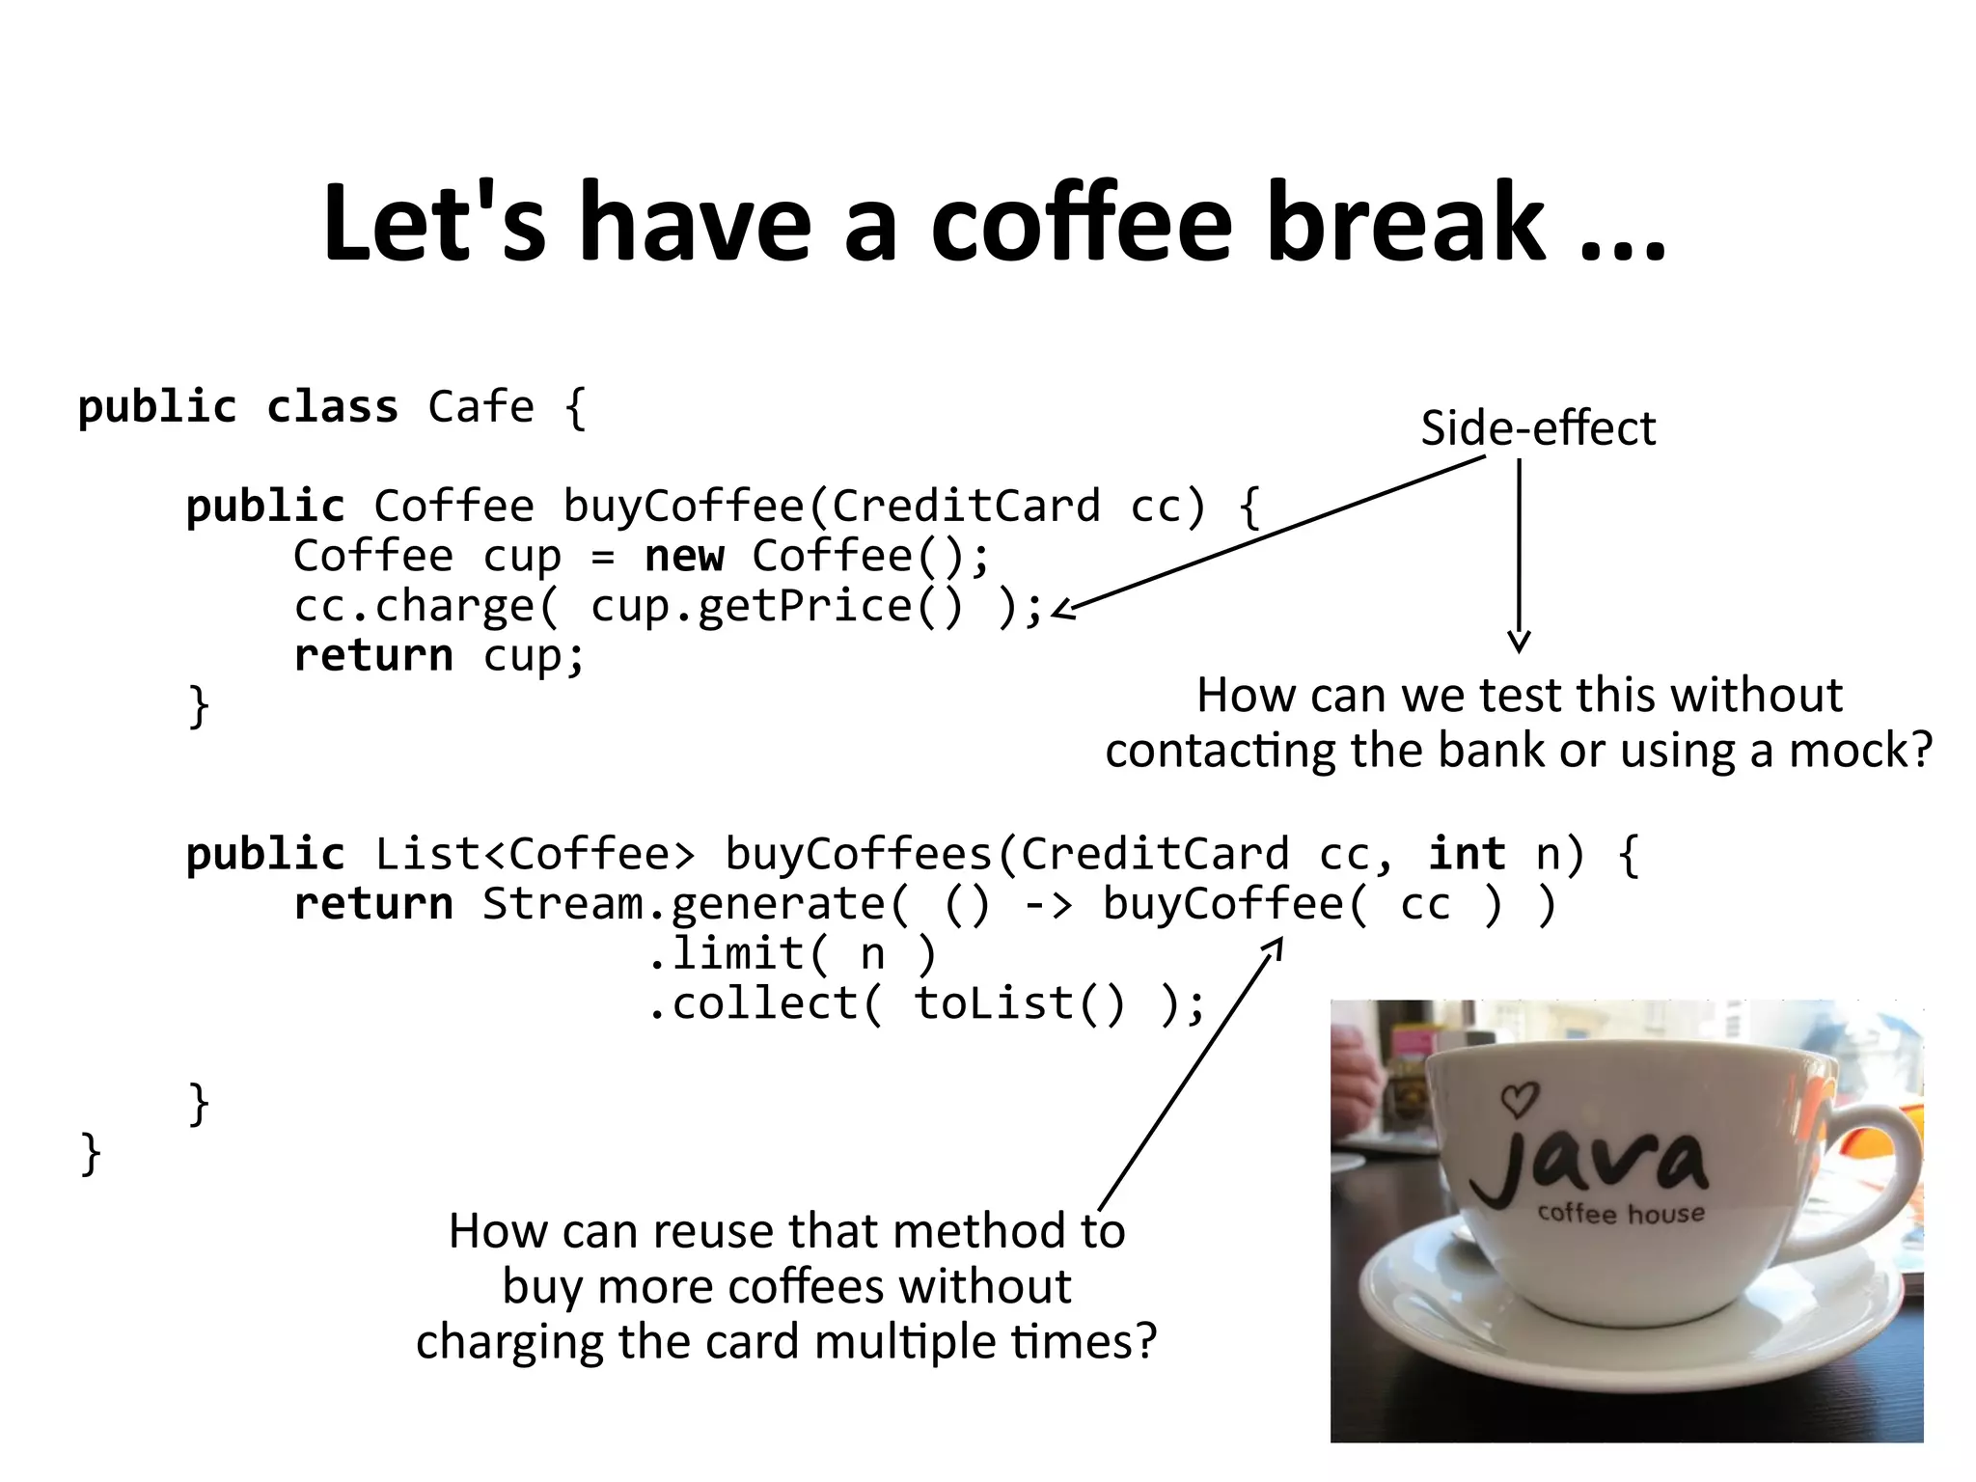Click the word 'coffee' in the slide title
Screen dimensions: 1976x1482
tap(1081, 224)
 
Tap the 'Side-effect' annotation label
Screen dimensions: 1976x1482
tap(1538, 428)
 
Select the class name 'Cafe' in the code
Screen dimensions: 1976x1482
tap(480, 407)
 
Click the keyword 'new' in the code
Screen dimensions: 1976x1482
tap(684, 556)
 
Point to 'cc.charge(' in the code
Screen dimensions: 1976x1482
tap(425, 607)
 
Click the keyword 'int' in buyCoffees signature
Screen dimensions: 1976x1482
tap(1467, 855)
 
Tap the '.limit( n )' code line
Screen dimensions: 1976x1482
tap(791, 954)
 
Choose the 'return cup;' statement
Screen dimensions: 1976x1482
tap(439, 656)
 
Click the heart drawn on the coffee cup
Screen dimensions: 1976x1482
tap(1520, 1098)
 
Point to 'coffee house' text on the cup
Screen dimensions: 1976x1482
tap(1621, 1213)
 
